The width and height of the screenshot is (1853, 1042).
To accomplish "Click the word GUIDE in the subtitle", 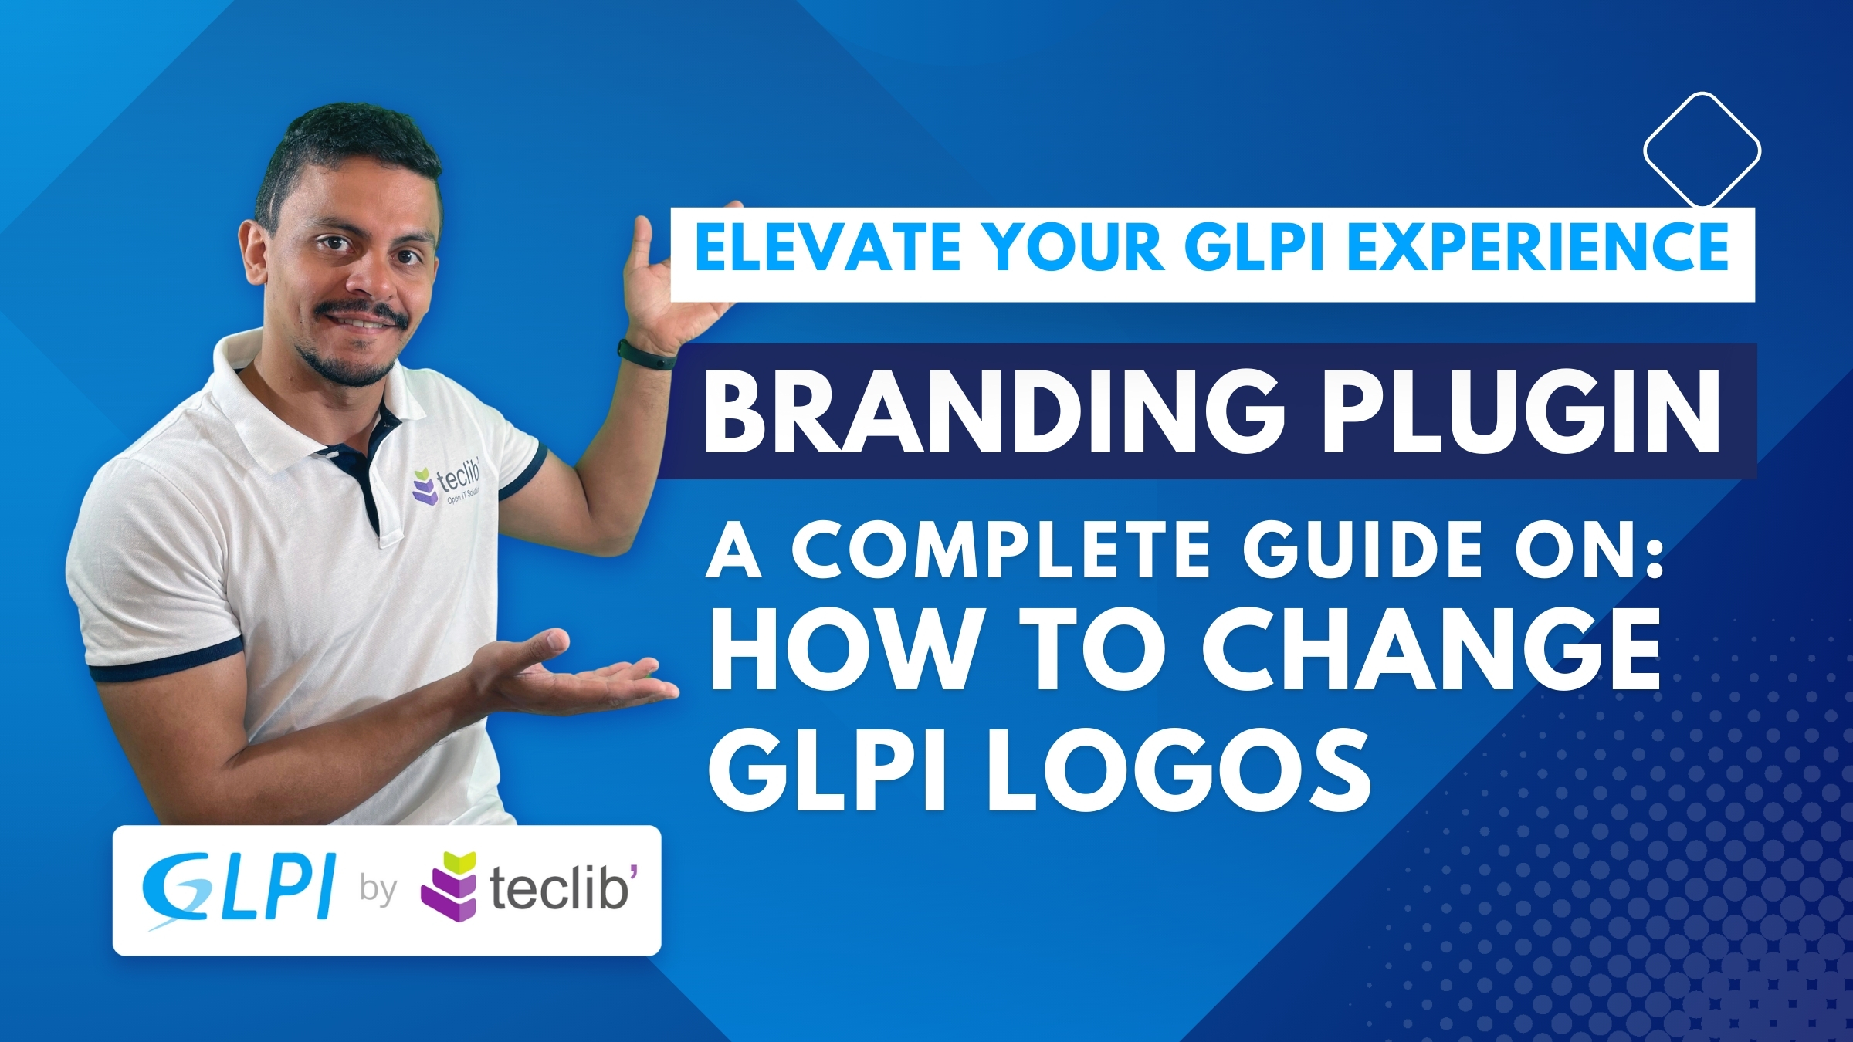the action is click(1363, 550).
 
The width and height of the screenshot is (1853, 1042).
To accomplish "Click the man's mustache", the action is click(361, 312).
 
